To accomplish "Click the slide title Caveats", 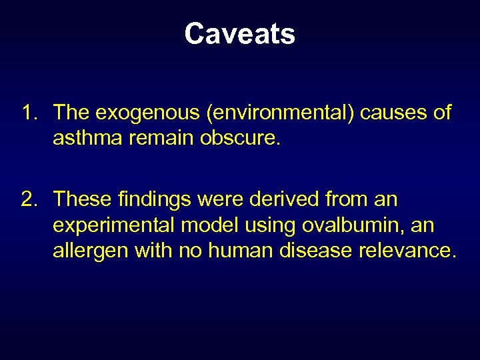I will (x=239, y=34).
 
